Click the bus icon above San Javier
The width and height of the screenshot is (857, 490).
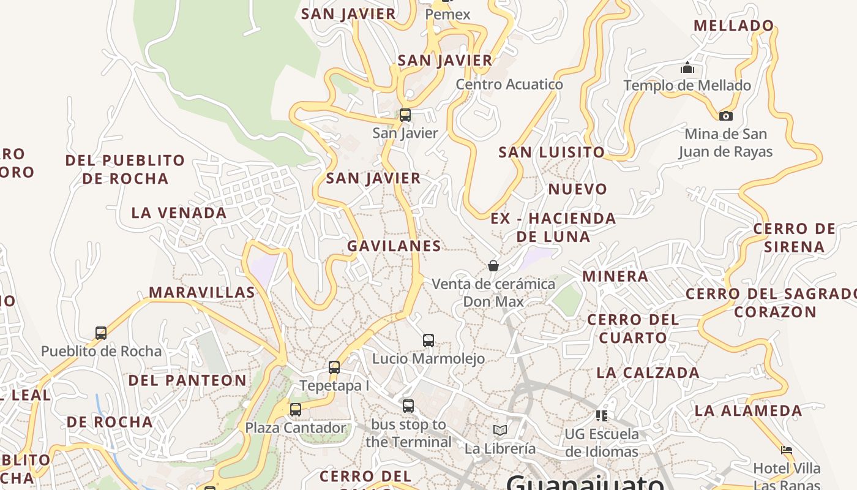[x=405, y=115]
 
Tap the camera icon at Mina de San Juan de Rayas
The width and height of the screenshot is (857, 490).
[x=725, y=116]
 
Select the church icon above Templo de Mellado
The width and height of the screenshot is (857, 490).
[x=687, y=67]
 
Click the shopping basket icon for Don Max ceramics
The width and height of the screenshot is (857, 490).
[x=493, y=266]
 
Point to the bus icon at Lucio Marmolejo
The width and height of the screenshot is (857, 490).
[x=428, y=340]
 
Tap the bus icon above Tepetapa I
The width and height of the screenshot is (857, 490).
[x=334, y=367]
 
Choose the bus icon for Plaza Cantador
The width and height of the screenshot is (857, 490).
[x=296, y=409]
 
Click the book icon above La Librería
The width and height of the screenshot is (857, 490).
[x=500, y=430]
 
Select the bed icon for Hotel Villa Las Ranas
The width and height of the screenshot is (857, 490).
[x=787, y=450]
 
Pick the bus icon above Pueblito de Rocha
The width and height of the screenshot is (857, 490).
[x=101, y=333]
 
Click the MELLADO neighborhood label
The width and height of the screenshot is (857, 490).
[x=734, y=26]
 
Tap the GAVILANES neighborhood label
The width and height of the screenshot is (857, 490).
[x=394, y=246]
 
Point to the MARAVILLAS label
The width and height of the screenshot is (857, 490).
[x=202, y=292]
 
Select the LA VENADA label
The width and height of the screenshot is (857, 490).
[x=179, y=213]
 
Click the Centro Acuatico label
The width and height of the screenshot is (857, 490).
[x=509, y=85]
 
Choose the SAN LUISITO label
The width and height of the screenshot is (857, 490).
[x=552, y=152]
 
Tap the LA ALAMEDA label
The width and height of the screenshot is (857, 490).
[x=748, y=410]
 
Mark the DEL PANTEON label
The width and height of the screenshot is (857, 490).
[x=187, y=380]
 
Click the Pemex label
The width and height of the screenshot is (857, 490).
[x=447, y=14]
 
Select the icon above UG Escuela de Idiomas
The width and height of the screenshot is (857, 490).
[x=601, y=416]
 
